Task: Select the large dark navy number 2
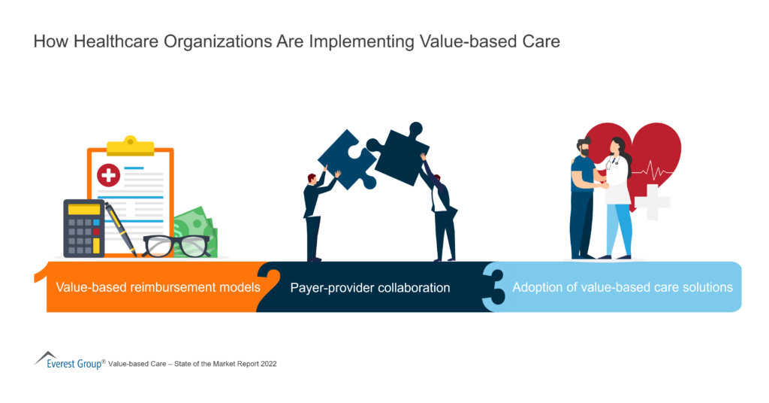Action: pos(269,286)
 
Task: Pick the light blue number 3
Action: pos(494,286)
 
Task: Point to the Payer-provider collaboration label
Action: pos(370,287)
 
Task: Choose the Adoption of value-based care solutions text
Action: pos(623,287)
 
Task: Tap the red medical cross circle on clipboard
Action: pos(109,176)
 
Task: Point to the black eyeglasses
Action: pos(176,245)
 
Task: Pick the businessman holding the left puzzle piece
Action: pos(315,215)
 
